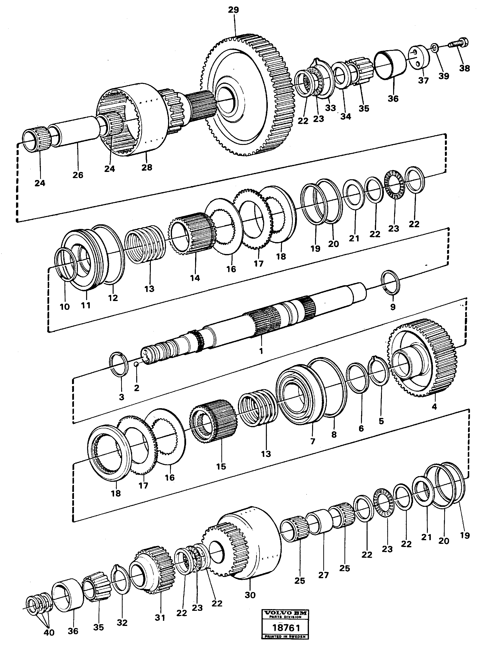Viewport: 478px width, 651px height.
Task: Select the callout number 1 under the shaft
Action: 261,351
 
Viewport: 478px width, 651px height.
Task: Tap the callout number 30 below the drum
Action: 250,595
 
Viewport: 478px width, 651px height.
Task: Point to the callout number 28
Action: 147,167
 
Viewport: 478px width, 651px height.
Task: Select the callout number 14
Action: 195,278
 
